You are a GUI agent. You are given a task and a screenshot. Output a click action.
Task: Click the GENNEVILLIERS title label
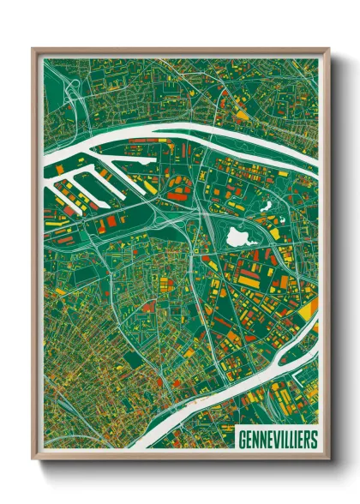click(275, 439)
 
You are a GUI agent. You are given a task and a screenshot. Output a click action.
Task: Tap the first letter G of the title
click(240, 439)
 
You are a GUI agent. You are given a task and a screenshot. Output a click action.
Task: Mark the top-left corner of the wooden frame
click(33, 50)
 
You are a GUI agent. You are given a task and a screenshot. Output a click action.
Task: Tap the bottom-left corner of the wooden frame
click(33, 459)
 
